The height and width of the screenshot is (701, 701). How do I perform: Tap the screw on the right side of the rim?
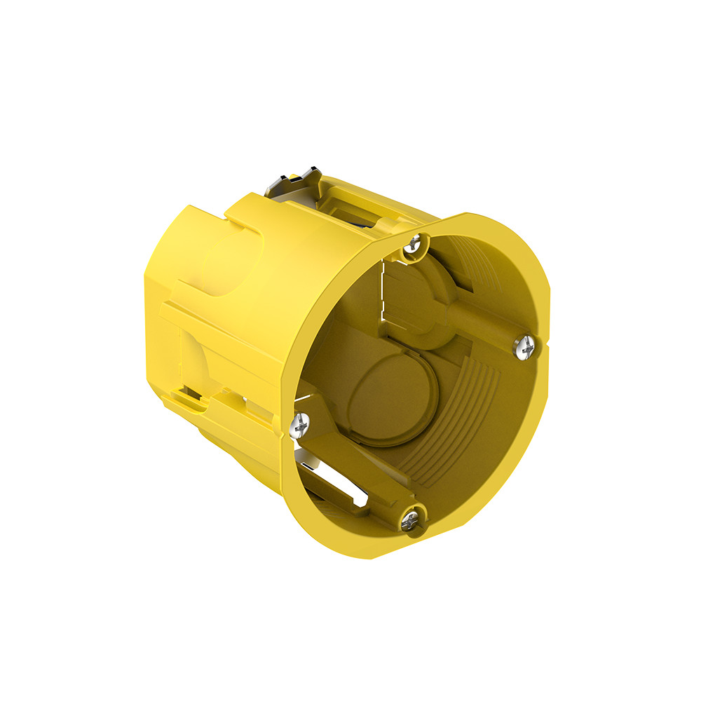tap(526, 344)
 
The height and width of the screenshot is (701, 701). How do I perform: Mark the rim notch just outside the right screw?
tap(545, 348)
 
